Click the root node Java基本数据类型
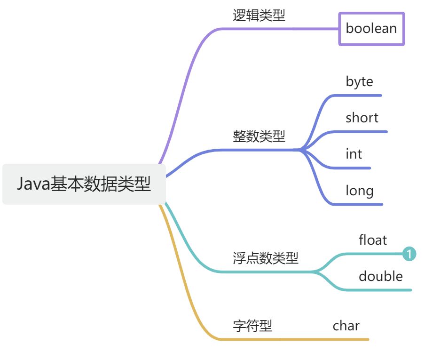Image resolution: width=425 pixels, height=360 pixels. tap(84, 184)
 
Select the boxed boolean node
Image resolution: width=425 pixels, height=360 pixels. tap(371, 29)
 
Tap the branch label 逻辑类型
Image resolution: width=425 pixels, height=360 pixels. tap(259, 16)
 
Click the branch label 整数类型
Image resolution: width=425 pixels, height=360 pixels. tap(259, 136)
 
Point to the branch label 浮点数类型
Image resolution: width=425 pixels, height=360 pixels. tap(266, 258)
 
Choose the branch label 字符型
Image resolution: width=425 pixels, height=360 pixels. tap(252, 326)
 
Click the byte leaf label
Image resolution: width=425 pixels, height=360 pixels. tap(359, 82)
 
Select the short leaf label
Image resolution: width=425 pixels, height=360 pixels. tap(362, 118)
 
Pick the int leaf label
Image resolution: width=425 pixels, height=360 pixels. tap(354, 154)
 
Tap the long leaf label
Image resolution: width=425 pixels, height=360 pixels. tap(360, 191)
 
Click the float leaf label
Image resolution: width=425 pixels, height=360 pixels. tap(373, 240)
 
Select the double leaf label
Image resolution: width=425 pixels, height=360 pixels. tap(381, 276)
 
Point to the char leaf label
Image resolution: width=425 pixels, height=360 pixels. tap(346, 326)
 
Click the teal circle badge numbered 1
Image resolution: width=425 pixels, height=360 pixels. tap(409, 254)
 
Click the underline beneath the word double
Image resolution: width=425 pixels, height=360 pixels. tap(381, 290)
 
